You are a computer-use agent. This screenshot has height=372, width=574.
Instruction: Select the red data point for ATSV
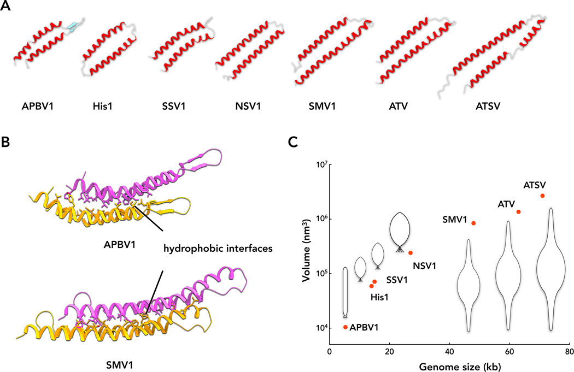[x=542, y=196]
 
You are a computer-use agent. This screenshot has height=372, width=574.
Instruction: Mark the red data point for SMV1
[x=473, y=223]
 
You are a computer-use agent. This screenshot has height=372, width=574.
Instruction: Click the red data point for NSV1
[x=411, y=252]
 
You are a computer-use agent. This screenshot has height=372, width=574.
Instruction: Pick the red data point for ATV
[x=518, y=212]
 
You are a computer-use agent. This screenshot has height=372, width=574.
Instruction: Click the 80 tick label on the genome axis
[x=569, y=353]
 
